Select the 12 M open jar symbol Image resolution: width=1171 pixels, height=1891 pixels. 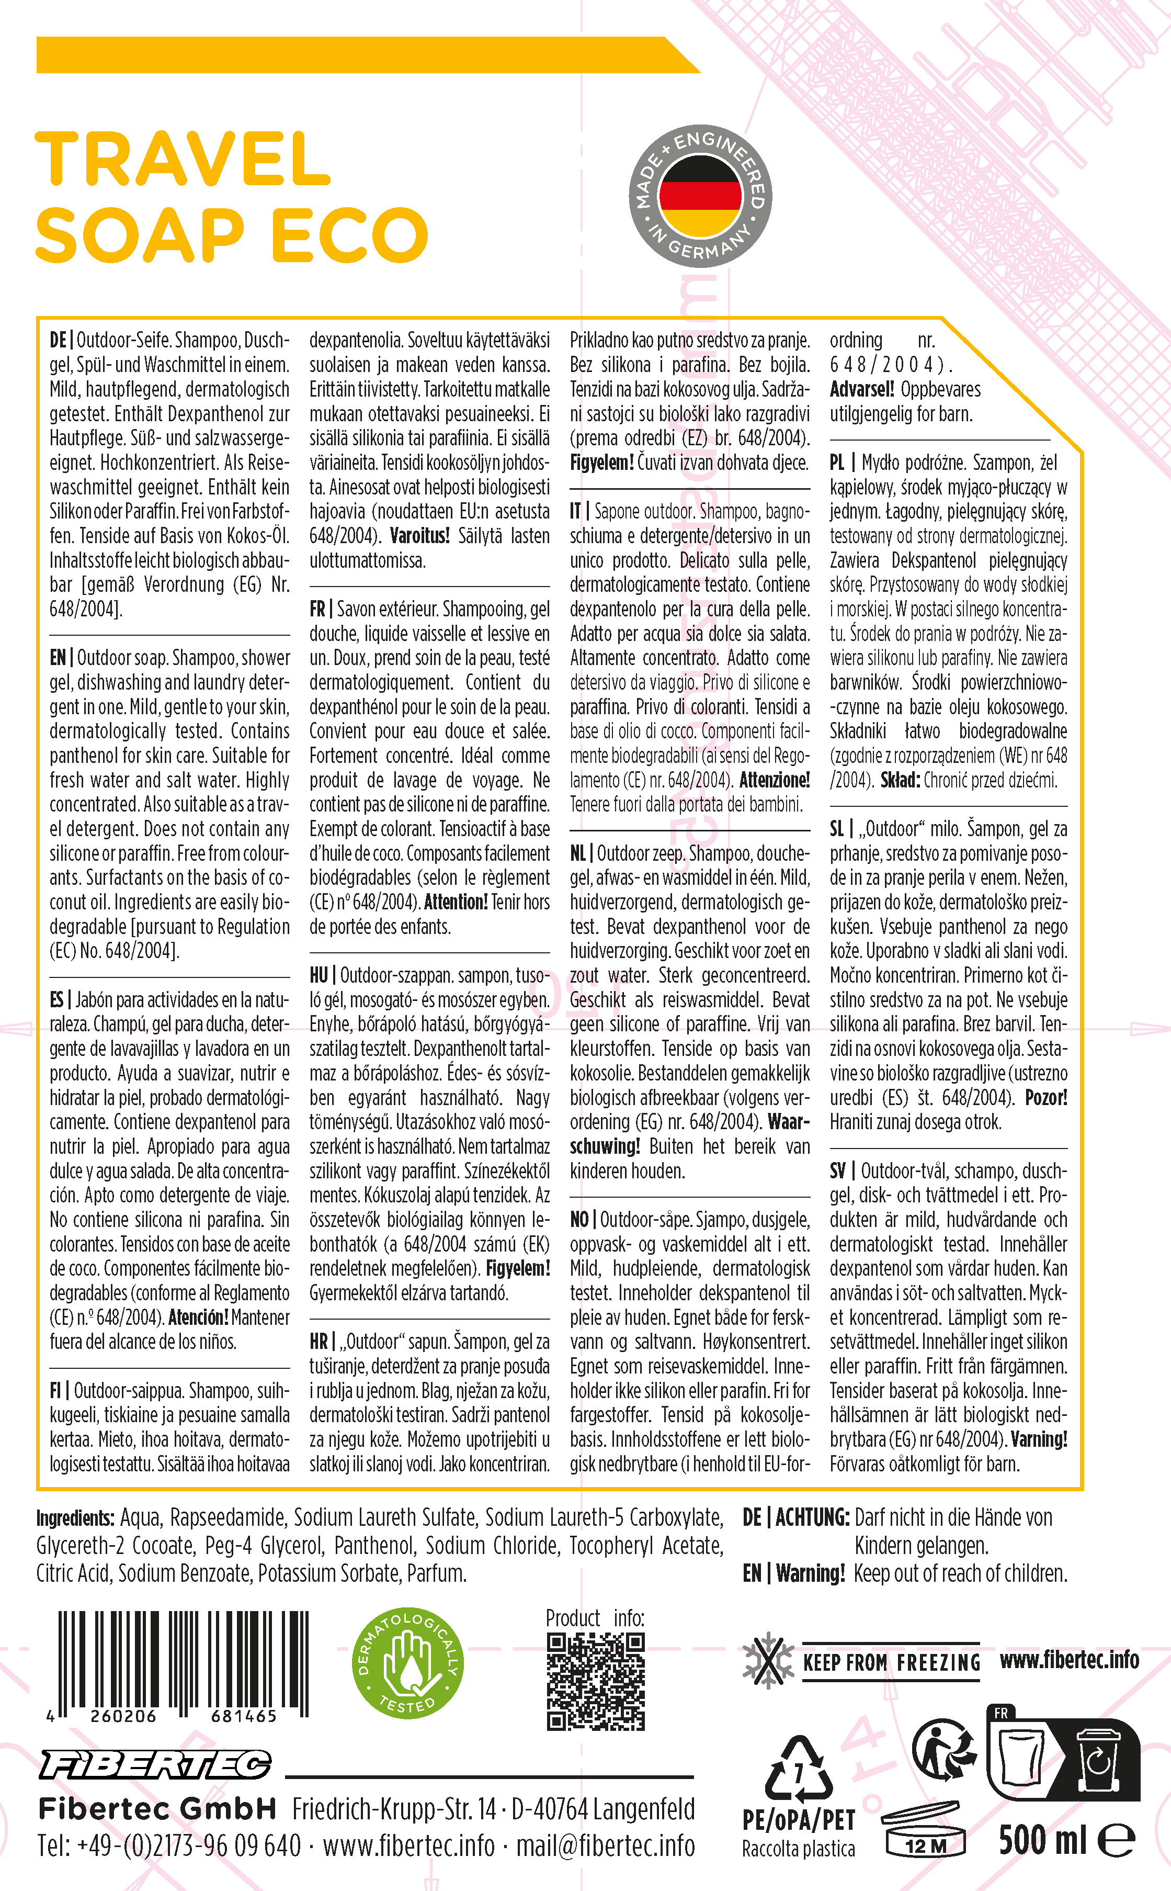[926, 1831]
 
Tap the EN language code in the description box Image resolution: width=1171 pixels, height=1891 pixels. [58, 658]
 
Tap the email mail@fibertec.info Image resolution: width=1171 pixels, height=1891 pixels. [606, 1846]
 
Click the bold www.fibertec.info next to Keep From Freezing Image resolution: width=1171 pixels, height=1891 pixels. [1069, 1659]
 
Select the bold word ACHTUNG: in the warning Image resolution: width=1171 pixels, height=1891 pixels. [812, 1517]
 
